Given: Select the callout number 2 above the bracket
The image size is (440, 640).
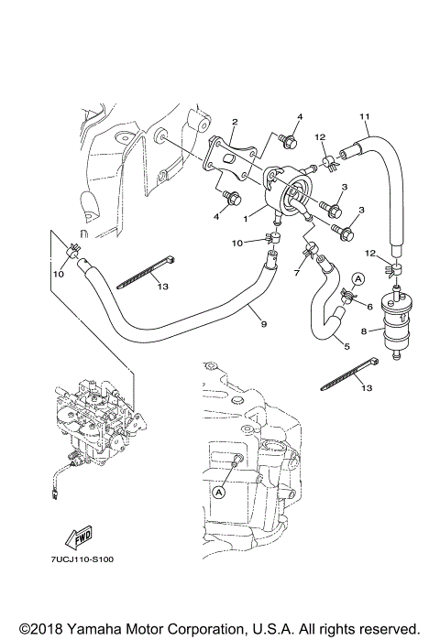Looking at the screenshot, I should [x=235, y=122].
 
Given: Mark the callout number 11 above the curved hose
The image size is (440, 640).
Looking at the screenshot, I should [x=364, y=117].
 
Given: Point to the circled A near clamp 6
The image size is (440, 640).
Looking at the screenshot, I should [x=359, y=277].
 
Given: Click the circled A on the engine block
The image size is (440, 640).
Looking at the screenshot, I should [x=219, y=492].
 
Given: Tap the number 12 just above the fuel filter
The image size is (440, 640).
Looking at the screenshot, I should [x=369, y=252].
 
